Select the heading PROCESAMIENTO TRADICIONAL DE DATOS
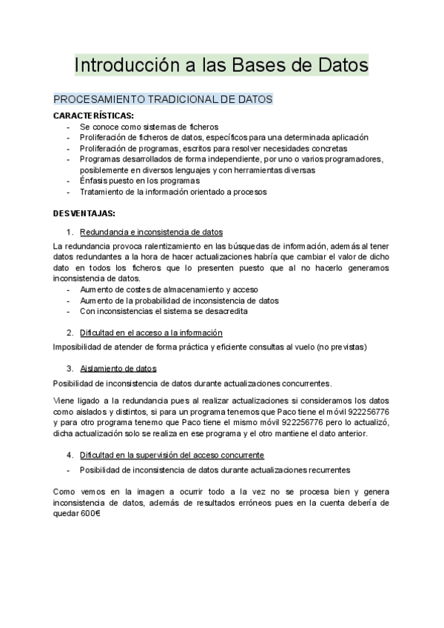164,98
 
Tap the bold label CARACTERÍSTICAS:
94,116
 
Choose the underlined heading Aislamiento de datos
118,368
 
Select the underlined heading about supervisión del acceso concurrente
172,454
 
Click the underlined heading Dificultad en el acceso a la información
151,333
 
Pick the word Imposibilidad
78,346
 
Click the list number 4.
70,454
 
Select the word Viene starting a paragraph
65,400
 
